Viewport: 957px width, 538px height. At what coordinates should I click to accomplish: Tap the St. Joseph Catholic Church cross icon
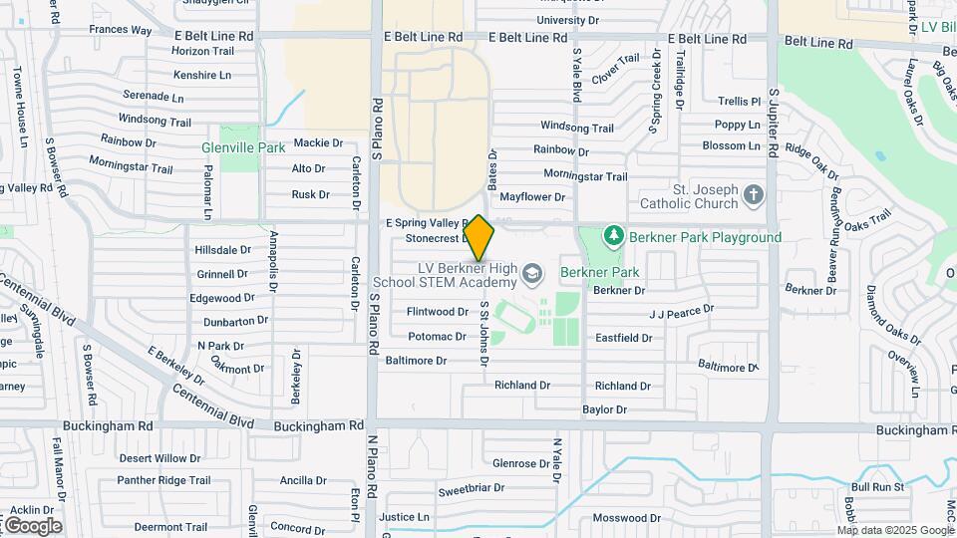click(x=754, y=194)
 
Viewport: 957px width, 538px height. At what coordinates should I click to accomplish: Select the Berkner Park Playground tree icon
click(x=615, y=236)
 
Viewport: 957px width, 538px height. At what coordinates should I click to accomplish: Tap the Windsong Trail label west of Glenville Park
click(x=155, y=121)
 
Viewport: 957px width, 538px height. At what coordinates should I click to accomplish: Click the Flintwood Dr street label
click(x=438, y=312)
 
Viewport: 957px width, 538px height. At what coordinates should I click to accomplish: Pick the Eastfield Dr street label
click(x=623, y=338)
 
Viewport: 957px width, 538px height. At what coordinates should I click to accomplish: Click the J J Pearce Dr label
click(x=682, y=313)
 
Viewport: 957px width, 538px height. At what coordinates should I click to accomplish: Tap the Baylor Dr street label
click(x=604, y=409)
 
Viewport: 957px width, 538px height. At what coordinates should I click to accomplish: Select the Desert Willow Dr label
click(x=159, y=458)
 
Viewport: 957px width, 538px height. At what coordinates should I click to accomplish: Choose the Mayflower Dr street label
click(x=532, y=197)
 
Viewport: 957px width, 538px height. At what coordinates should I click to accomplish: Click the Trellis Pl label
click(x=739, y=102)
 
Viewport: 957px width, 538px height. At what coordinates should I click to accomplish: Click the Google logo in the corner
click(x=32, y=525)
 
